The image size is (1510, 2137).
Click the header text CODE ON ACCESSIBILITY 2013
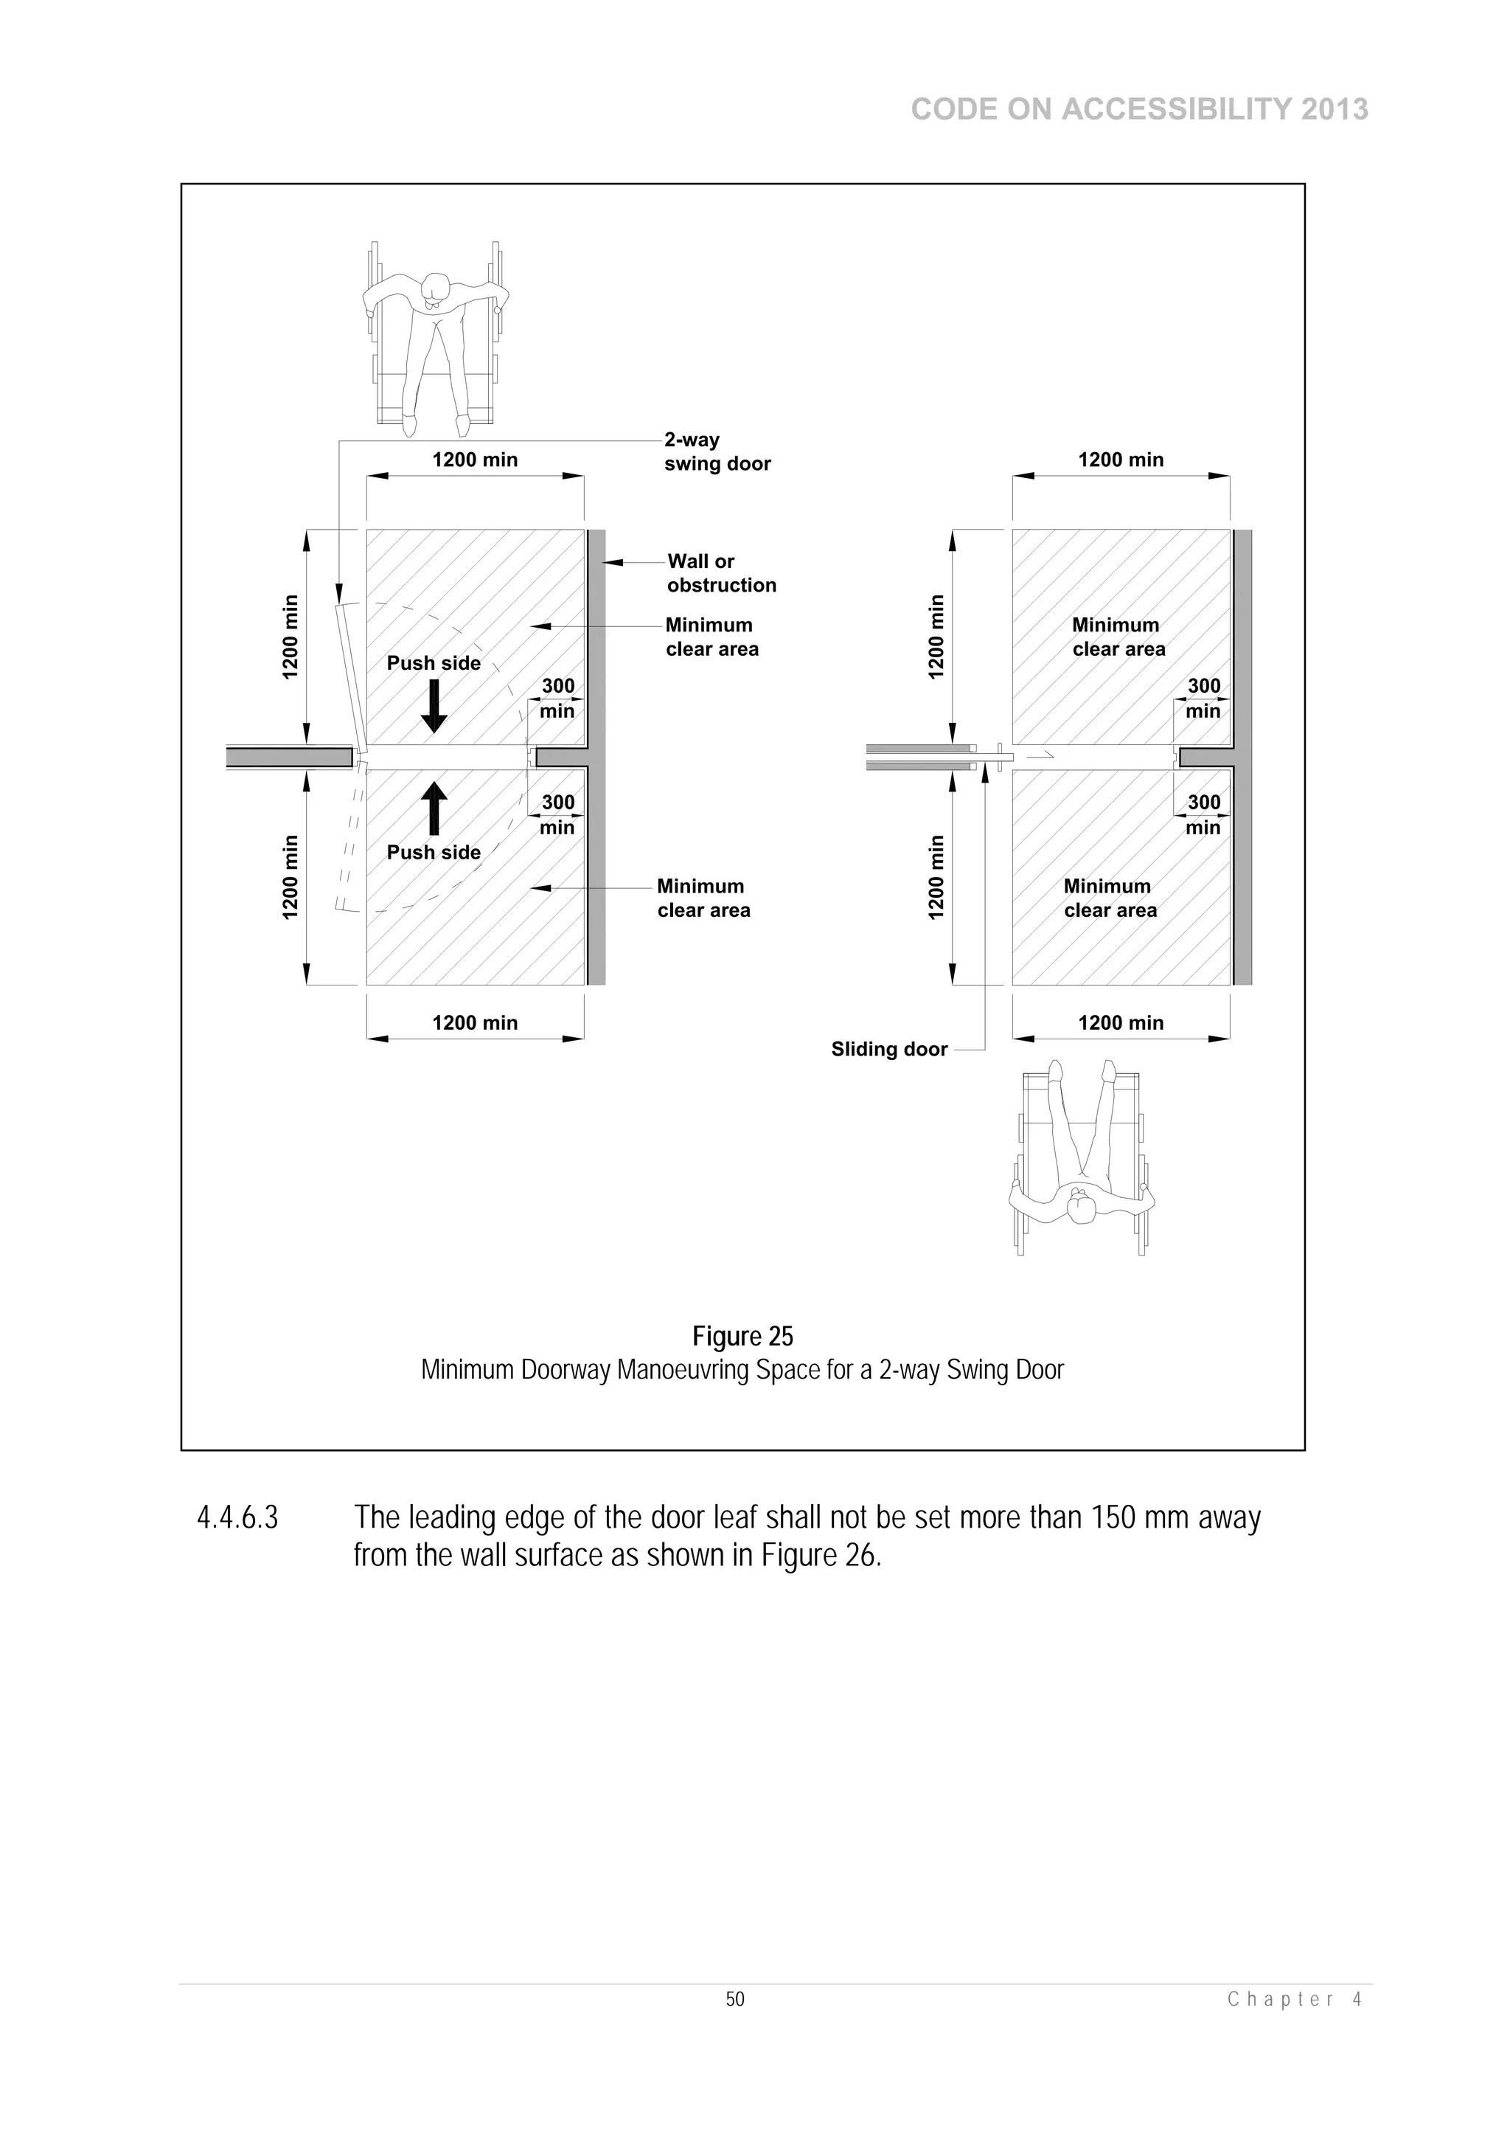pyautogui.click(x=1139, y=110)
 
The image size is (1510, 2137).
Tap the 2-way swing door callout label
pyautogui.click(x=717, y=451)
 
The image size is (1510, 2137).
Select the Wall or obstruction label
pyautogui.click(x=721, y=573)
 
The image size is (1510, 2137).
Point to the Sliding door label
pyautogui.click(x=888, y=1050)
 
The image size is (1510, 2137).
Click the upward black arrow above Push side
pyautogui.click(x=434, y=807)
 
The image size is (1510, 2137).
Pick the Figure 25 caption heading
pyautogui.click(x=742, y=1337)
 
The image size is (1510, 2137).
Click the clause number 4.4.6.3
pyautogui.click(x=237, y=1518)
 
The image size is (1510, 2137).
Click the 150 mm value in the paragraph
pyautogui.click(x=1140, y=1518)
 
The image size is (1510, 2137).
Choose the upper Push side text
pyautogui.click(x=434, y=662)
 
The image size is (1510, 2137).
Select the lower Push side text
pyautogui.click(x=434, y=853)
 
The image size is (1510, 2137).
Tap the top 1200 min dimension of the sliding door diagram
pyautogui.click(x=1120, y=460)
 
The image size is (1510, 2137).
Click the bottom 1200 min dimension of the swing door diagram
pyautogui.click(x=475, y=1023)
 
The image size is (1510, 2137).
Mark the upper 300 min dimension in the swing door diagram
pyautogui.click(x=557, y=698)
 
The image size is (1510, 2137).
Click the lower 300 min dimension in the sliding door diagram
pyautogui.click(x=1203, y=814)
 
